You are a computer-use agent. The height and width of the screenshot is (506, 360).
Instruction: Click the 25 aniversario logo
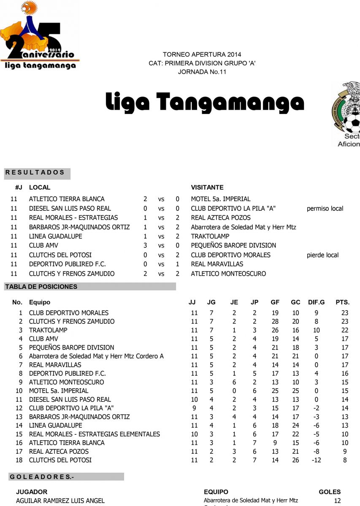(x=39, y=36)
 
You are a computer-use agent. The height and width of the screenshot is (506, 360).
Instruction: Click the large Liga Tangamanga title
(x=204, y=102)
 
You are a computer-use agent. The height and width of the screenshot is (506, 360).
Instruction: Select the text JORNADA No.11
(x=202, y=72)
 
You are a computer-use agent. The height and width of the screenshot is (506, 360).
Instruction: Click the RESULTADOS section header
(x=35, y=172)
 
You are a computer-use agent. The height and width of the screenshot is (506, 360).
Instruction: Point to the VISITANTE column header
(x=207, y=187)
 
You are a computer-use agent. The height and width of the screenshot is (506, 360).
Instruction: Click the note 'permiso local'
(x=325, y=208)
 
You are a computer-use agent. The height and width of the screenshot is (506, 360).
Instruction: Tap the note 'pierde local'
(x=322, y=255)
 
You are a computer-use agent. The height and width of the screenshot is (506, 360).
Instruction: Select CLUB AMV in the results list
(x=43, y=245)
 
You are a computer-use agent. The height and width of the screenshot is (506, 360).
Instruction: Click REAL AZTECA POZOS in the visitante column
(x=221, y=218)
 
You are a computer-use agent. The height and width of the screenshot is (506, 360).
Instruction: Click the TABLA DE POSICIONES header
(x=41, y=287)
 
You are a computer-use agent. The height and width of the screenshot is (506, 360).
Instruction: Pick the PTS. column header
(x=342, y=302)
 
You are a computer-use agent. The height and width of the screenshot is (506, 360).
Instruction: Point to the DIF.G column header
(x=316, y=302)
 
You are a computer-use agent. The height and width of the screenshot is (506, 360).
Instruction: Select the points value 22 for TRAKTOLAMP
(x=345, y=330)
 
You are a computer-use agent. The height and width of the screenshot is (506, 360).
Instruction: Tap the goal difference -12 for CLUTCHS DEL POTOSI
(x=316, y=460)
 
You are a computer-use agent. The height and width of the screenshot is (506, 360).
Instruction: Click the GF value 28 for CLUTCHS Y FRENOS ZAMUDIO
(x=275, y=321)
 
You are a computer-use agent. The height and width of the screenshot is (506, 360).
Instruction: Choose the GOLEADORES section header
(x=41, y=477)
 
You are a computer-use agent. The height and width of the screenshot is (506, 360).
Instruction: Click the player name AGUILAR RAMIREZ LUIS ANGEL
(x=60, y=501)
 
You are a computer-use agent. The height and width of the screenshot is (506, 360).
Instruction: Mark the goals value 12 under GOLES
(x=337, y=501)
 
